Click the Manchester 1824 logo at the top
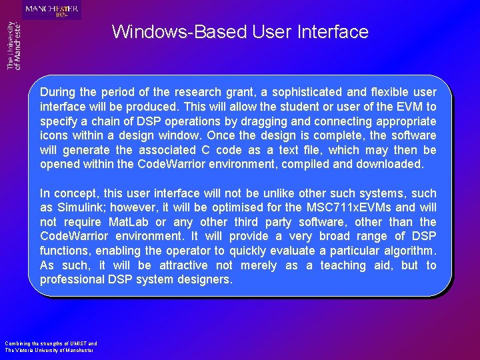tap(52, 10)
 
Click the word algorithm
tap(407, 251)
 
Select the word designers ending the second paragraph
tap(205, 280)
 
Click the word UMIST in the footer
tap(78, 343)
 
